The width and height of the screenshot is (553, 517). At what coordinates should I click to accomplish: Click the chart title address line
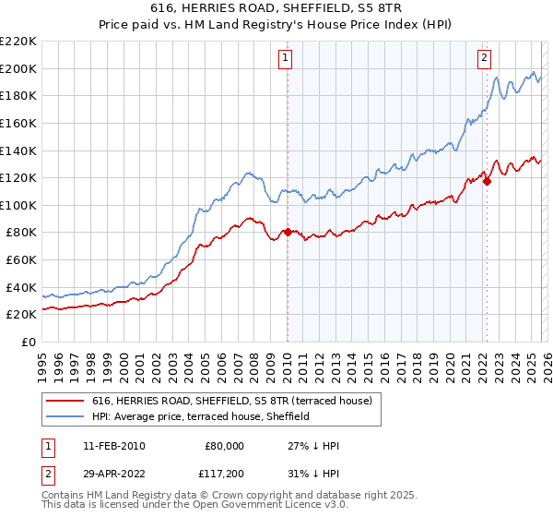tap(276, 7)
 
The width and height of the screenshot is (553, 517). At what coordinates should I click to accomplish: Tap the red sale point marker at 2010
tap(287, 233)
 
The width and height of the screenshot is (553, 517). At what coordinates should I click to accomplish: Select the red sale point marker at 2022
tap(487, 181)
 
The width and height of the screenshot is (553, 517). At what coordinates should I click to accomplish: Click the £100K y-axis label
tap(18, 205)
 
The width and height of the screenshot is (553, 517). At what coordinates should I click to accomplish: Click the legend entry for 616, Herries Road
tap(230, 402)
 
